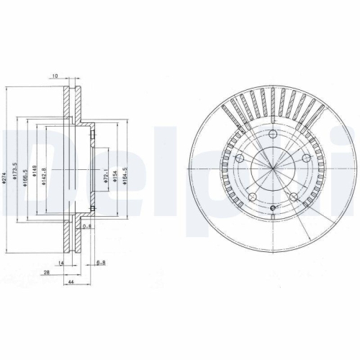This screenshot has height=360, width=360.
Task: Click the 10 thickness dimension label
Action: tap(55, 75)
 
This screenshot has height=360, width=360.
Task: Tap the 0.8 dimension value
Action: tap(87, 227)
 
